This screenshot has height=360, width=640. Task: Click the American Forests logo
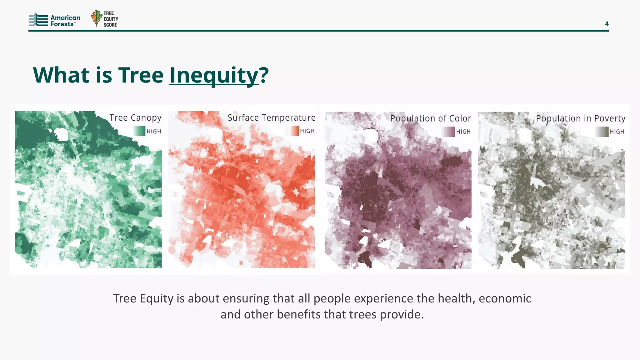click(54, 20)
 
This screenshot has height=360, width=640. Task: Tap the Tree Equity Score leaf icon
click(97, 18)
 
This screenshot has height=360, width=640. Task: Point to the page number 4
click(607, 24)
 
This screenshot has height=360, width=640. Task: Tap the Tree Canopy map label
click(135, 118)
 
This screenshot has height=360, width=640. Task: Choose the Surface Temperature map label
click(271, 118)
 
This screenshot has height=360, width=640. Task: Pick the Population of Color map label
click(430, 118)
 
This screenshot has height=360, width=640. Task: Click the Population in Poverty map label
click(580, 118)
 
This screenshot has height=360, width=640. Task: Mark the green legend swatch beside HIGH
click(139, 131)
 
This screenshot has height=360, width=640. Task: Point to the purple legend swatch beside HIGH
click(449, 132)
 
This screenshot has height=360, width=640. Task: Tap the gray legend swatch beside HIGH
click(602, 132)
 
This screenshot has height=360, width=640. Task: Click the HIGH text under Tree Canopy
click(154, 131)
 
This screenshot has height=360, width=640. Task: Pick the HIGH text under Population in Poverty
click(617, 132)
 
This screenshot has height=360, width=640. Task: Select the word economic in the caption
click(505, 298)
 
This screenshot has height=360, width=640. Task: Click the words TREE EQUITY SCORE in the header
click(111, 19)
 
